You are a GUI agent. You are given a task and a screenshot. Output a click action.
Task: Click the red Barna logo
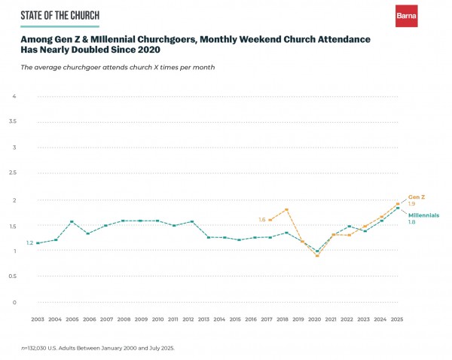(406, 16)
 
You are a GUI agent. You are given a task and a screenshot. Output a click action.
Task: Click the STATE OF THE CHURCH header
(60, 15)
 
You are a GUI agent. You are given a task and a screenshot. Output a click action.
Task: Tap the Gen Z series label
(417, 197)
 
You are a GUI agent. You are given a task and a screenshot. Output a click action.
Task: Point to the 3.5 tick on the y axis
(13, 121)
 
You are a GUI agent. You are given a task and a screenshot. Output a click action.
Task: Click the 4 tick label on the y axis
(14, 96)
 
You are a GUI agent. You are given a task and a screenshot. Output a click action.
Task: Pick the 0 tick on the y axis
(14, 303)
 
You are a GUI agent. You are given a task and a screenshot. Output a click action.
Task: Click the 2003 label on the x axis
(38, 319)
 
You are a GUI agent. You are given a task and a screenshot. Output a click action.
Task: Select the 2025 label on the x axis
(398, 319)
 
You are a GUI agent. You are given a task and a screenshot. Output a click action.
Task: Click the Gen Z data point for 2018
(287, 209)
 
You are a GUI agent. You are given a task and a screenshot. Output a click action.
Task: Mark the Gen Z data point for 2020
(317, 256)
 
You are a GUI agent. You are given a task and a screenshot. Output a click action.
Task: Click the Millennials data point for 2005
(72, 222)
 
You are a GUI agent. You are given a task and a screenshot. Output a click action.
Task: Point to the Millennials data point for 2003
(38, 243)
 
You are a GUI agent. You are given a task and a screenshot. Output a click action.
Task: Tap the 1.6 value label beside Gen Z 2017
(261, 220)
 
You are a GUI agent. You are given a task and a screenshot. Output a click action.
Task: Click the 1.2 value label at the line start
(29, 243)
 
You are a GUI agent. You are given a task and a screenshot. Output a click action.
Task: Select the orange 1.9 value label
(412, 204)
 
